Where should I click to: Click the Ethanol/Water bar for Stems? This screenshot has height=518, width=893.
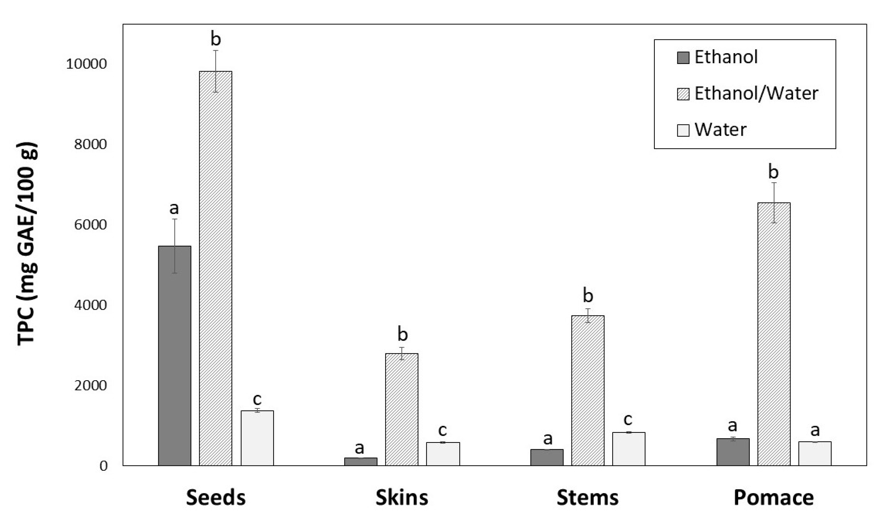588,390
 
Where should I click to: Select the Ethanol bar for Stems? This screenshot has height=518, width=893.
547,457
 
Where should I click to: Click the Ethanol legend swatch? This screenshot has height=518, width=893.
683,57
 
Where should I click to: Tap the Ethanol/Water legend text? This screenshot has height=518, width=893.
756,94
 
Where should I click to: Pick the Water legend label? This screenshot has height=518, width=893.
720,130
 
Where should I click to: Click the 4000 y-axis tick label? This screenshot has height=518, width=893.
90,305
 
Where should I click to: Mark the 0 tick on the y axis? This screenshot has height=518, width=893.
103,466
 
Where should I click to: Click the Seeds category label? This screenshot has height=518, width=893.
215,497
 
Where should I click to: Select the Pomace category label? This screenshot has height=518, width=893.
773,497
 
